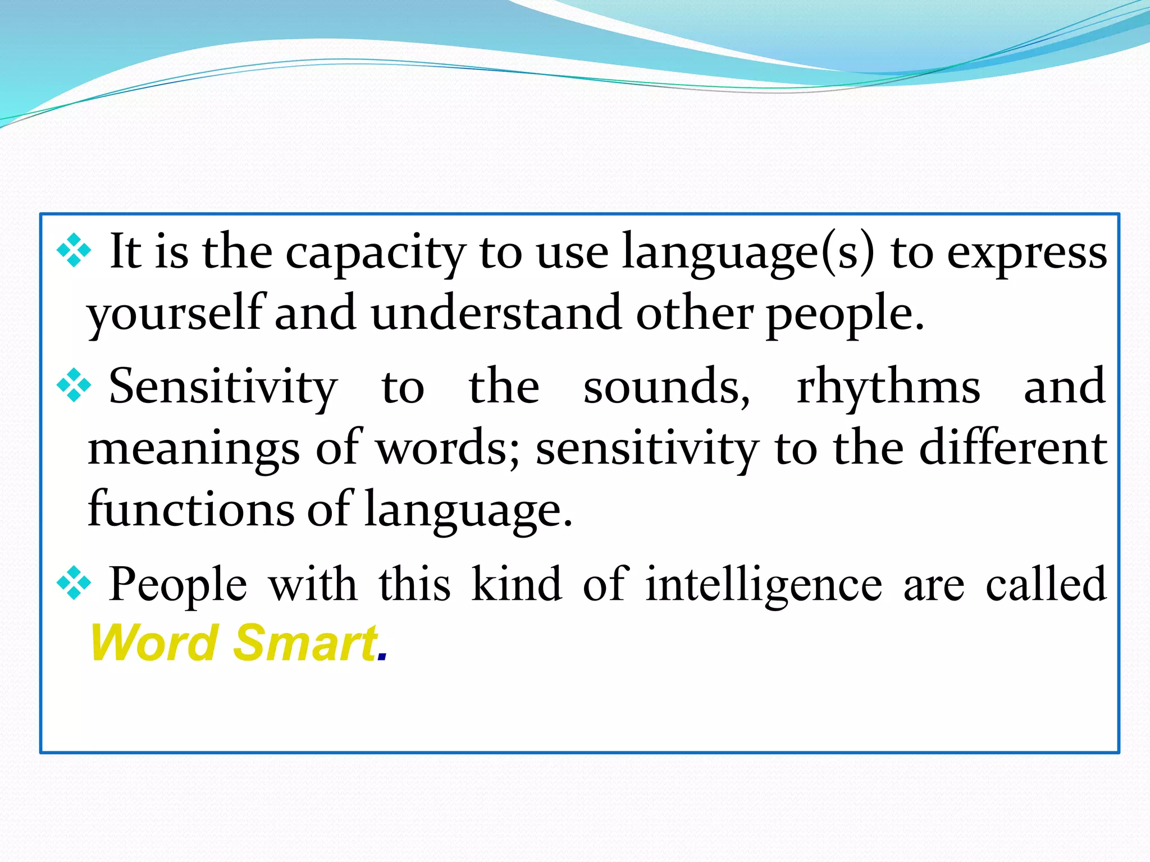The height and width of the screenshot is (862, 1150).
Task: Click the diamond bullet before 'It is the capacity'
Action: pyautogui.click(x=74, y=250)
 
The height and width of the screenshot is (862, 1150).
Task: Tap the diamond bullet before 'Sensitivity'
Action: pyautogui.click(x=74, y=386)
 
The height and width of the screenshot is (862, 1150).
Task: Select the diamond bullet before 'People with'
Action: pyautogui.click(x=74, y=584)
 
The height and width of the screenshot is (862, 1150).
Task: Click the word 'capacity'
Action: pyautogui.click(x=375, y=254)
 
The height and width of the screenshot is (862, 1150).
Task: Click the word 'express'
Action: pyautogui.click(x=1027, y=254)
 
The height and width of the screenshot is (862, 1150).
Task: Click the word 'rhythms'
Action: pyautogui.click(x=888, y=387)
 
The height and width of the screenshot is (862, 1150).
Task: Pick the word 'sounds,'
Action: pyautogui.click(x=667, y=387)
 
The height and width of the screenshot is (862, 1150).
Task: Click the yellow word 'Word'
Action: pyautogui.click(x=154, y=643)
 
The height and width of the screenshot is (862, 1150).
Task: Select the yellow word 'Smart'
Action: pyautogui.click(x=305, y=643)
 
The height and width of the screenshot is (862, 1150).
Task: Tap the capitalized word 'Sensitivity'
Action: pyautogui.click(x=223, y=387)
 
